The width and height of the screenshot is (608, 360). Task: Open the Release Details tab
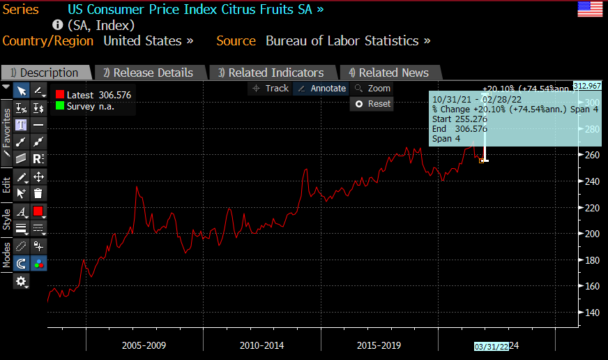point(148,73)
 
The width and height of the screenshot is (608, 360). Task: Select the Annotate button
point(321,89)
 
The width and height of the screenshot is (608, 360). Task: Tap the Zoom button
point(373,89)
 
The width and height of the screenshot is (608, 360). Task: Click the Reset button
point(372,103)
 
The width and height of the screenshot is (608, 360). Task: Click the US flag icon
point(591,10)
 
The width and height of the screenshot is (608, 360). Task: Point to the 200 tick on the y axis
point(591,234)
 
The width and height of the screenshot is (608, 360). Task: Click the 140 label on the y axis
point(591,313)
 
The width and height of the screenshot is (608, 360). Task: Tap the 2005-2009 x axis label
point(144,345)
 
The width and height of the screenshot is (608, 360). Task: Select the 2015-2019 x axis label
point(379,345)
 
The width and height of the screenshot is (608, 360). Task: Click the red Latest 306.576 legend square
point(60,95)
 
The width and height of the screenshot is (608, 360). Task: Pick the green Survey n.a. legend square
point(60,106)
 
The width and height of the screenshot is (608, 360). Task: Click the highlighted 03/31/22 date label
point(492,346)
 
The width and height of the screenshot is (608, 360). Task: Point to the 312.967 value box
point(587,86)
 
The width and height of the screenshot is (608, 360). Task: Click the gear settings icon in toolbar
point(22,281)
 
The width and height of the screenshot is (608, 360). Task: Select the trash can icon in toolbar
point(38,193)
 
